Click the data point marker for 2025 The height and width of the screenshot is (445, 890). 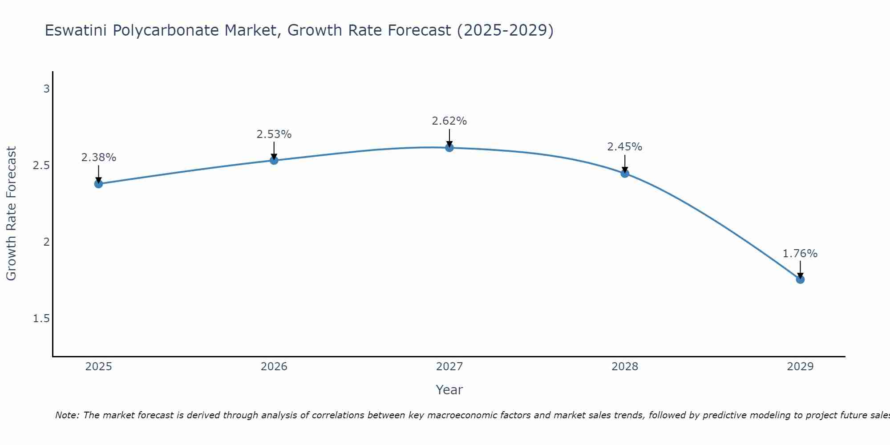coord(98,184)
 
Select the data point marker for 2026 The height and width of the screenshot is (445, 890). coord(274,160)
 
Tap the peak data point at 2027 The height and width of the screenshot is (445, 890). coord(449,148)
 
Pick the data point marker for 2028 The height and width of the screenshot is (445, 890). coord(625,174)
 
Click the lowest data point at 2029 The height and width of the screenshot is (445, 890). coord(800,279)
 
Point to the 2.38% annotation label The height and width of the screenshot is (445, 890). coord(98,158)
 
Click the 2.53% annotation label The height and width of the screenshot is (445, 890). coord(274,134)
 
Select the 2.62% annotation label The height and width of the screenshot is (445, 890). coord(449,121)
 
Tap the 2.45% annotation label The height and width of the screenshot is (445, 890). coord(625,147)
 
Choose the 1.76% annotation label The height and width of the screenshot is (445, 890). coord(800,254)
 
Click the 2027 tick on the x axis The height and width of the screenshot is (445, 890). coord(449,367)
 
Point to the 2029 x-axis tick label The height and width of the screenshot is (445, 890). coord(800,367)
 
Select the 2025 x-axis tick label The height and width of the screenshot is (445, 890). coord(98,367)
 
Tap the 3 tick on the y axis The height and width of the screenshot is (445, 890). coord(46,89)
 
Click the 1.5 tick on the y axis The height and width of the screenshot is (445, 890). coord(41,319)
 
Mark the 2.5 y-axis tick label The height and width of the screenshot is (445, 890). coord(41,166)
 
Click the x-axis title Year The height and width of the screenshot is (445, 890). coord(449,390)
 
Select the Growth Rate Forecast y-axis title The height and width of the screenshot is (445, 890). coord(12,214)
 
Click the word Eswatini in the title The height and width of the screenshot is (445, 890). coord(76,31)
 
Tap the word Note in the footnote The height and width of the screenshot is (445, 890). coord(67,415)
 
